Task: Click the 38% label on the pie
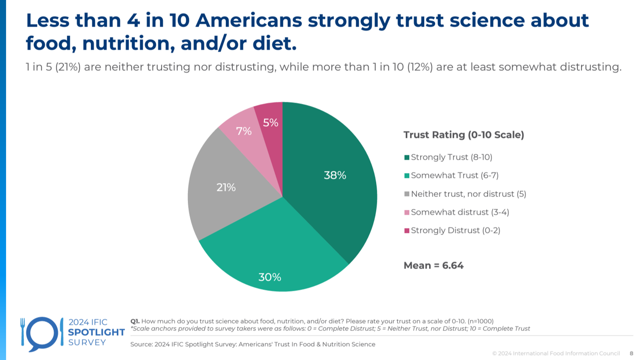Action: (335, 175)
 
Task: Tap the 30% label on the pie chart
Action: (270, 277)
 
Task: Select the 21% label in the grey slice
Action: (226, 187)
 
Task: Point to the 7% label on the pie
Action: (244, 131)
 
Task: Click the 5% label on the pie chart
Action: (271, 122)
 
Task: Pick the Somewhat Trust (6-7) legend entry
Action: (454, 175)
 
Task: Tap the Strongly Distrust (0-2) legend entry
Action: (455, 230)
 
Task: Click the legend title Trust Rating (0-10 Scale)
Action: (464, 135)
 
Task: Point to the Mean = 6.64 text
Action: (434, 265)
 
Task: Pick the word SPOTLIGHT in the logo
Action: (96, 332)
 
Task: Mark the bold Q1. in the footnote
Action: (135, 321)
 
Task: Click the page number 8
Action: (632, 353)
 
